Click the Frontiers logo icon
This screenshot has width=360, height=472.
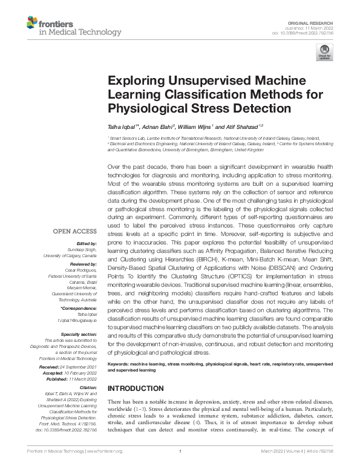coord(31,24)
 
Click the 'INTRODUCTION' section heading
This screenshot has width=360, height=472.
coord(135,387)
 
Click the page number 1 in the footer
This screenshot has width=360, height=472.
coord(180,451)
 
